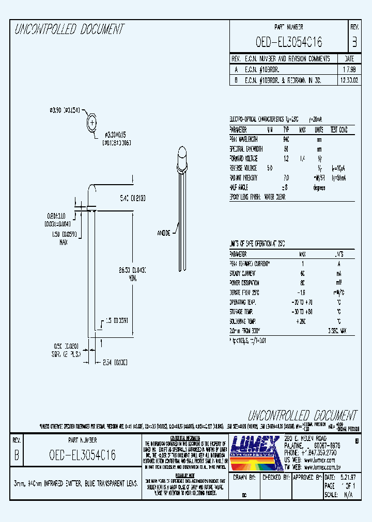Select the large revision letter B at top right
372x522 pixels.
[x=354, y=42]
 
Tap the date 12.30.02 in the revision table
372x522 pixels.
[x=349, y=80]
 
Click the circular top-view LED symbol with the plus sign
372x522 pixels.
[x=91, y=123]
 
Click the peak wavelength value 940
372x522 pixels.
[x=286, y=139]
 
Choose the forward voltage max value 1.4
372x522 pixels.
[x=302, y=158]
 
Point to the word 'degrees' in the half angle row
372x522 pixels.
[x=319, y=188]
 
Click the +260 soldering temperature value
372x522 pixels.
[x=302, y=321]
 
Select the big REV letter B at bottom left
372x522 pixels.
[x=17, y=455]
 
